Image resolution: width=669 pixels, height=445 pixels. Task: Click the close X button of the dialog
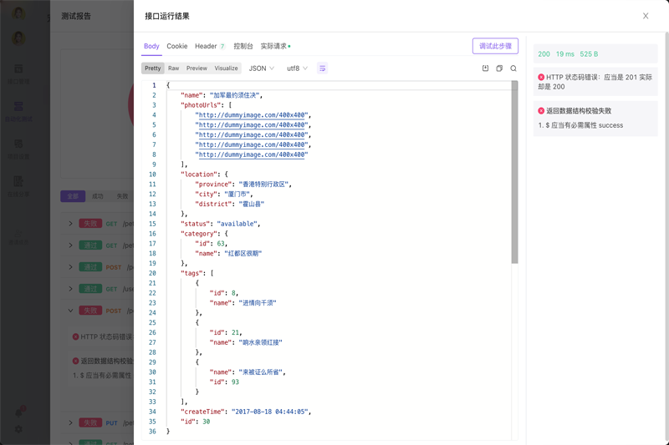(646, 16)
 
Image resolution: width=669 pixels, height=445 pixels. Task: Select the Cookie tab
(177, 47)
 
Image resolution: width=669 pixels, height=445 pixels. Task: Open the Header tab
(206, 47)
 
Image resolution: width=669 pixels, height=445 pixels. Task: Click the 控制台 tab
(243, 47)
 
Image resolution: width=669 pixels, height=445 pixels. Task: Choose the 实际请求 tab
(274, 47)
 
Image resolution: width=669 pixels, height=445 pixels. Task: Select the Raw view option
(173, 68)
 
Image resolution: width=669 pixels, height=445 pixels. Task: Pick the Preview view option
(197, 68)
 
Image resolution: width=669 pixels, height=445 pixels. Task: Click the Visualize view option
(226, 68)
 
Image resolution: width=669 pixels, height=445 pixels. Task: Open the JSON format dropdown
(262, 68)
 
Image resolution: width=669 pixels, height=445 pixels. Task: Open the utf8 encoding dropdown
(297, 68)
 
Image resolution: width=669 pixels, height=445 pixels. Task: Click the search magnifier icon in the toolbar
(513, 68)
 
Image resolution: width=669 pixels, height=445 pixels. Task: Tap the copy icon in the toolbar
(499, 68)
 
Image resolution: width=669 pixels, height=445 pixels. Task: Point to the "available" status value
(238, 224)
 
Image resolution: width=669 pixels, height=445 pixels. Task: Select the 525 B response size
(589, 54)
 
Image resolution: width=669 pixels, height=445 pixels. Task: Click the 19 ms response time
(565, 54)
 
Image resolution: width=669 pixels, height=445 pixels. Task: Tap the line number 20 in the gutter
(152, 273)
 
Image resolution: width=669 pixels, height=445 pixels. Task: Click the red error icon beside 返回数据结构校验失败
(541, 111)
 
